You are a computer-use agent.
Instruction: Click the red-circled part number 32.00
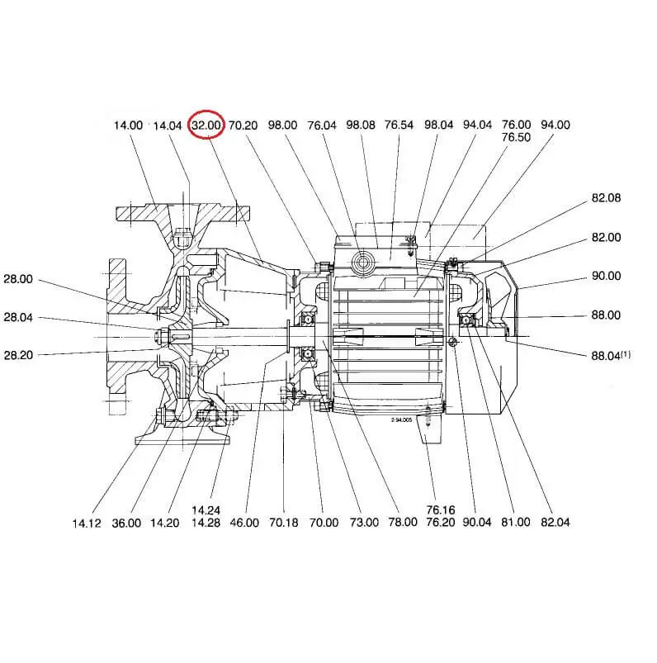coord(206,125)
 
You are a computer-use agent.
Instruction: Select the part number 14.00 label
coord(128,125)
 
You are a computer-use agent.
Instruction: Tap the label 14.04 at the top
coord(168,125)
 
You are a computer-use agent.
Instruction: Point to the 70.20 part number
coord(243,125)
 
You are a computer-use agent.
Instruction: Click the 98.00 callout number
coord(282,125)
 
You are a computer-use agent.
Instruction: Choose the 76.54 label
coord(399,125)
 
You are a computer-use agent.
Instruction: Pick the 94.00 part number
coord(555,125)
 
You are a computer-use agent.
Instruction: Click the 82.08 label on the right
coord(606,198)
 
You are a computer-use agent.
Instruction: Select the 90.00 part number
coord(606,276)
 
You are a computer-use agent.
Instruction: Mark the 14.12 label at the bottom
coord(87,523)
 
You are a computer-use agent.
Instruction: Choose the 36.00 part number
coord(126,523)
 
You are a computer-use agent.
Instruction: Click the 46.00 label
coord(245,523)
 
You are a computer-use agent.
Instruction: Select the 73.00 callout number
coord(363,523)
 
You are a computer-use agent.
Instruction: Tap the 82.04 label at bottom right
coord(555,523)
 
